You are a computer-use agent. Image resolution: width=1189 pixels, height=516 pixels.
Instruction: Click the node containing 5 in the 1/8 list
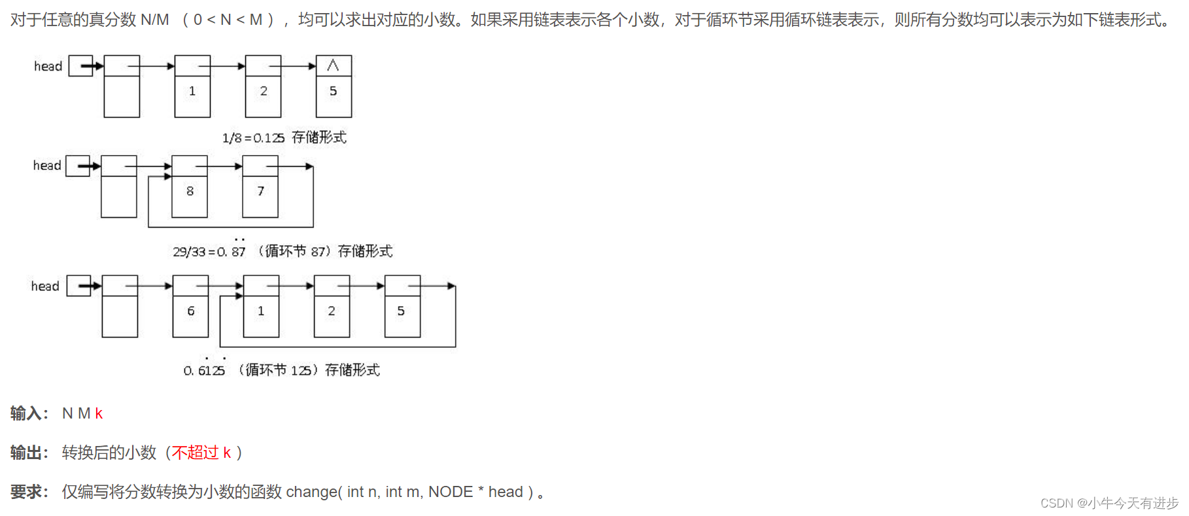coord(334,92)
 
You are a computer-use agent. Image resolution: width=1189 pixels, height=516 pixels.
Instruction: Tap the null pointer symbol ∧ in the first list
coord(333,65)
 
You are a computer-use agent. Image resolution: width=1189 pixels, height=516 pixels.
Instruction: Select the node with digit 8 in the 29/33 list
coord(190,191)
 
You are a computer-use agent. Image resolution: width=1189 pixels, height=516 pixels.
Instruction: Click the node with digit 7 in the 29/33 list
coord(260,191)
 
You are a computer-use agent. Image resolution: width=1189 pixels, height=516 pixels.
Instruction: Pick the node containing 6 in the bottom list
coord(191,311)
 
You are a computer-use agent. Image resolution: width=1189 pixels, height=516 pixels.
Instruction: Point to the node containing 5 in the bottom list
coord(402,311)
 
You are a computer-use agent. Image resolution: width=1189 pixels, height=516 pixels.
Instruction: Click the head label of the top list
coord(48,66)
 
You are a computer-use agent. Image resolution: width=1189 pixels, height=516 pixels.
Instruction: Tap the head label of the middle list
coord(46,165)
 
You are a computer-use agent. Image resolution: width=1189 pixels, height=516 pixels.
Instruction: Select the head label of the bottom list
coord(44,286)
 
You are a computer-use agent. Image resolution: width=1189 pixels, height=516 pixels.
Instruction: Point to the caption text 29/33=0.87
coord(209,252)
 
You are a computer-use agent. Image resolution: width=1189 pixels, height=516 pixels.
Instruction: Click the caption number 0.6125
coord(204,371)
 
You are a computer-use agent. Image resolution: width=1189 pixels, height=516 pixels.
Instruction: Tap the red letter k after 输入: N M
coord(99,413)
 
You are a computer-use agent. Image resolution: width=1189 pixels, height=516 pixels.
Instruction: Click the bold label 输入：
coord(29,413)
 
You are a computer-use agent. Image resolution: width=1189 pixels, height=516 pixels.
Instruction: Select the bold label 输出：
coord(29,453)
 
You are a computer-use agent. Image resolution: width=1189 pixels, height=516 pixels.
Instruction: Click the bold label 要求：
coord(29,492)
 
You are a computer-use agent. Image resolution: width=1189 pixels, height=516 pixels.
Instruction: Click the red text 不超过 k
coord(201,453)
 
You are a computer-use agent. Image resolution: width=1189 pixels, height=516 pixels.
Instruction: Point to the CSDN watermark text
coord(1109,503)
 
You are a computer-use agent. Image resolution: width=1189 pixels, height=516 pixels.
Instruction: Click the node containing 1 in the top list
coord(192,92)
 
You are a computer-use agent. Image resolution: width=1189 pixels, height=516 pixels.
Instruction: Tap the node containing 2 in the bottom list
coord(332,311)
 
